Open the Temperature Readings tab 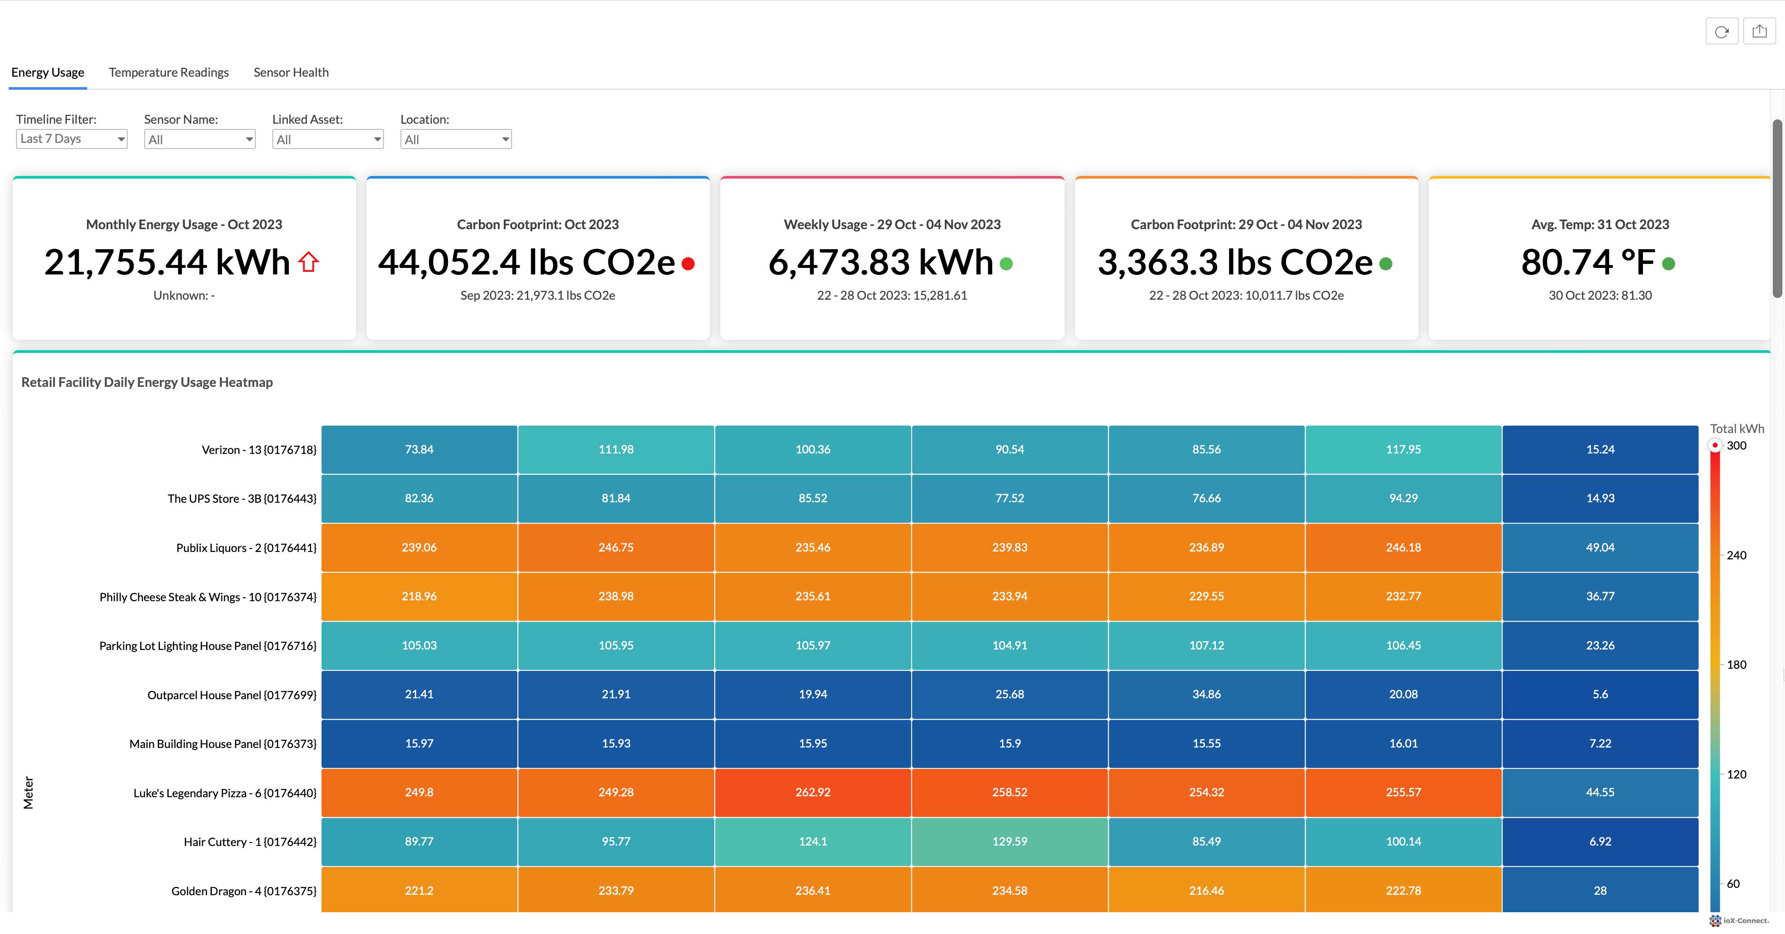pyautogui.click(x=168, y=72)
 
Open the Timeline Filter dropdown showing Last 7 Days pyautogui.click(x=71, y=139)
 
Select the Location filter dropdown pyautogui.click(x=455, y=139)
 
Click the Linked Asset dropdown pyautogui.click(x=327, y=139)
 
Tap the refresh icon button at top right pyautogui.click(x=1721, y=31)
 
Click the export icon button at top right pyautogui.click(x=1759, y=31)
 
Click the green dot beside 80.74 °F pyautogui.click(x=1669, y=263)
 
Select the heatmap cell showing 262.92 pyautogui.click(x=812, y=792)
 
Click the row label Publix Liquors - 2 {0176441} pyautogui.click(x=246, y=547)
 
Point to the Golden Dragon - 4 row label pyautogui.click(x=243, y=890)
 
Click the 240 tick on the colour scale pyautogui.click(x=1736, y=555)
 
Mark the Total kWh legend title pyautogui.click(x=1737, y=428)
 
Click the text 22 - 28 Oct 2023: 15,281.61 pyautogui.click(x=891, y=295)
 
